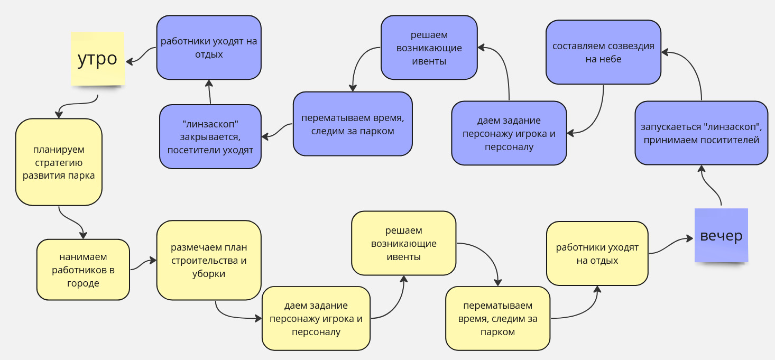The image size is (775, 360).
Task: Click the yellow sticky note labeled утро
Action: (x=98, y=58)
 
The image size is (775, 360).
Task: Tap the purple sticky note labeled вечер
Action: (x=721, y=236)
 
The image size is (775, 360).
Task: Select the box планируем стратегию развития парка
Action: (x=59, y=162)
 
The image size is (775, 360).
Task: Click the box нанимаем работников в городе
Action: (x=83, y=270)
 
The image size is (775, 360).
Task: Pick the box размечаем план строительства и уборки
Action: (x=209, y=260)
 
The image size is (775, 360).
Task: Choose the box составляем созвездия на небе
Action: (x=603, y=52)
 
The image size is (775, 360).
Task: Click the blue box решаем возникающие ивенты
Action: (x=429, y=48)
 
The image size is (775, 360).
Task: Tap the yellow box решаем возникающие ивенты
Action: (x=403, y=243)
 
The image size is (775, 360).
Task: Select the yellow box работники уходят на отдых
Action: (x=597, y=254)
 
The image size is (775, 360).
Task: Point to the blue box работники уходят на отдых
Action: (x=209, y=48)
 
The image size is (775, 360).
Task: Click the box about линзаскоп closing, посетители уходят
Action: (x=210, y=136)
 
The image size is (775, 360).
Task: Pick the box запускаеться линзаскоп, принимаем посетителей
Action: (x=700, y=133)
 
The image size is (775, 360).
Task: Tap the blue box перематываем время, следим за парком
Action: (x=353, y=124)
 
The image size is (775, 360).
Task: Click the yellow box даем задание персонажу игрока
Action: (x=316, y=318)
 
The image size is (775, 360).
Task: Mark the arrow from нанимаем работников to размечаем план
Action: (x=143, y=263)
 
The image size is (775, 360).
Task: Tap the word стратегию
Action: (x=59, y=162)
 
